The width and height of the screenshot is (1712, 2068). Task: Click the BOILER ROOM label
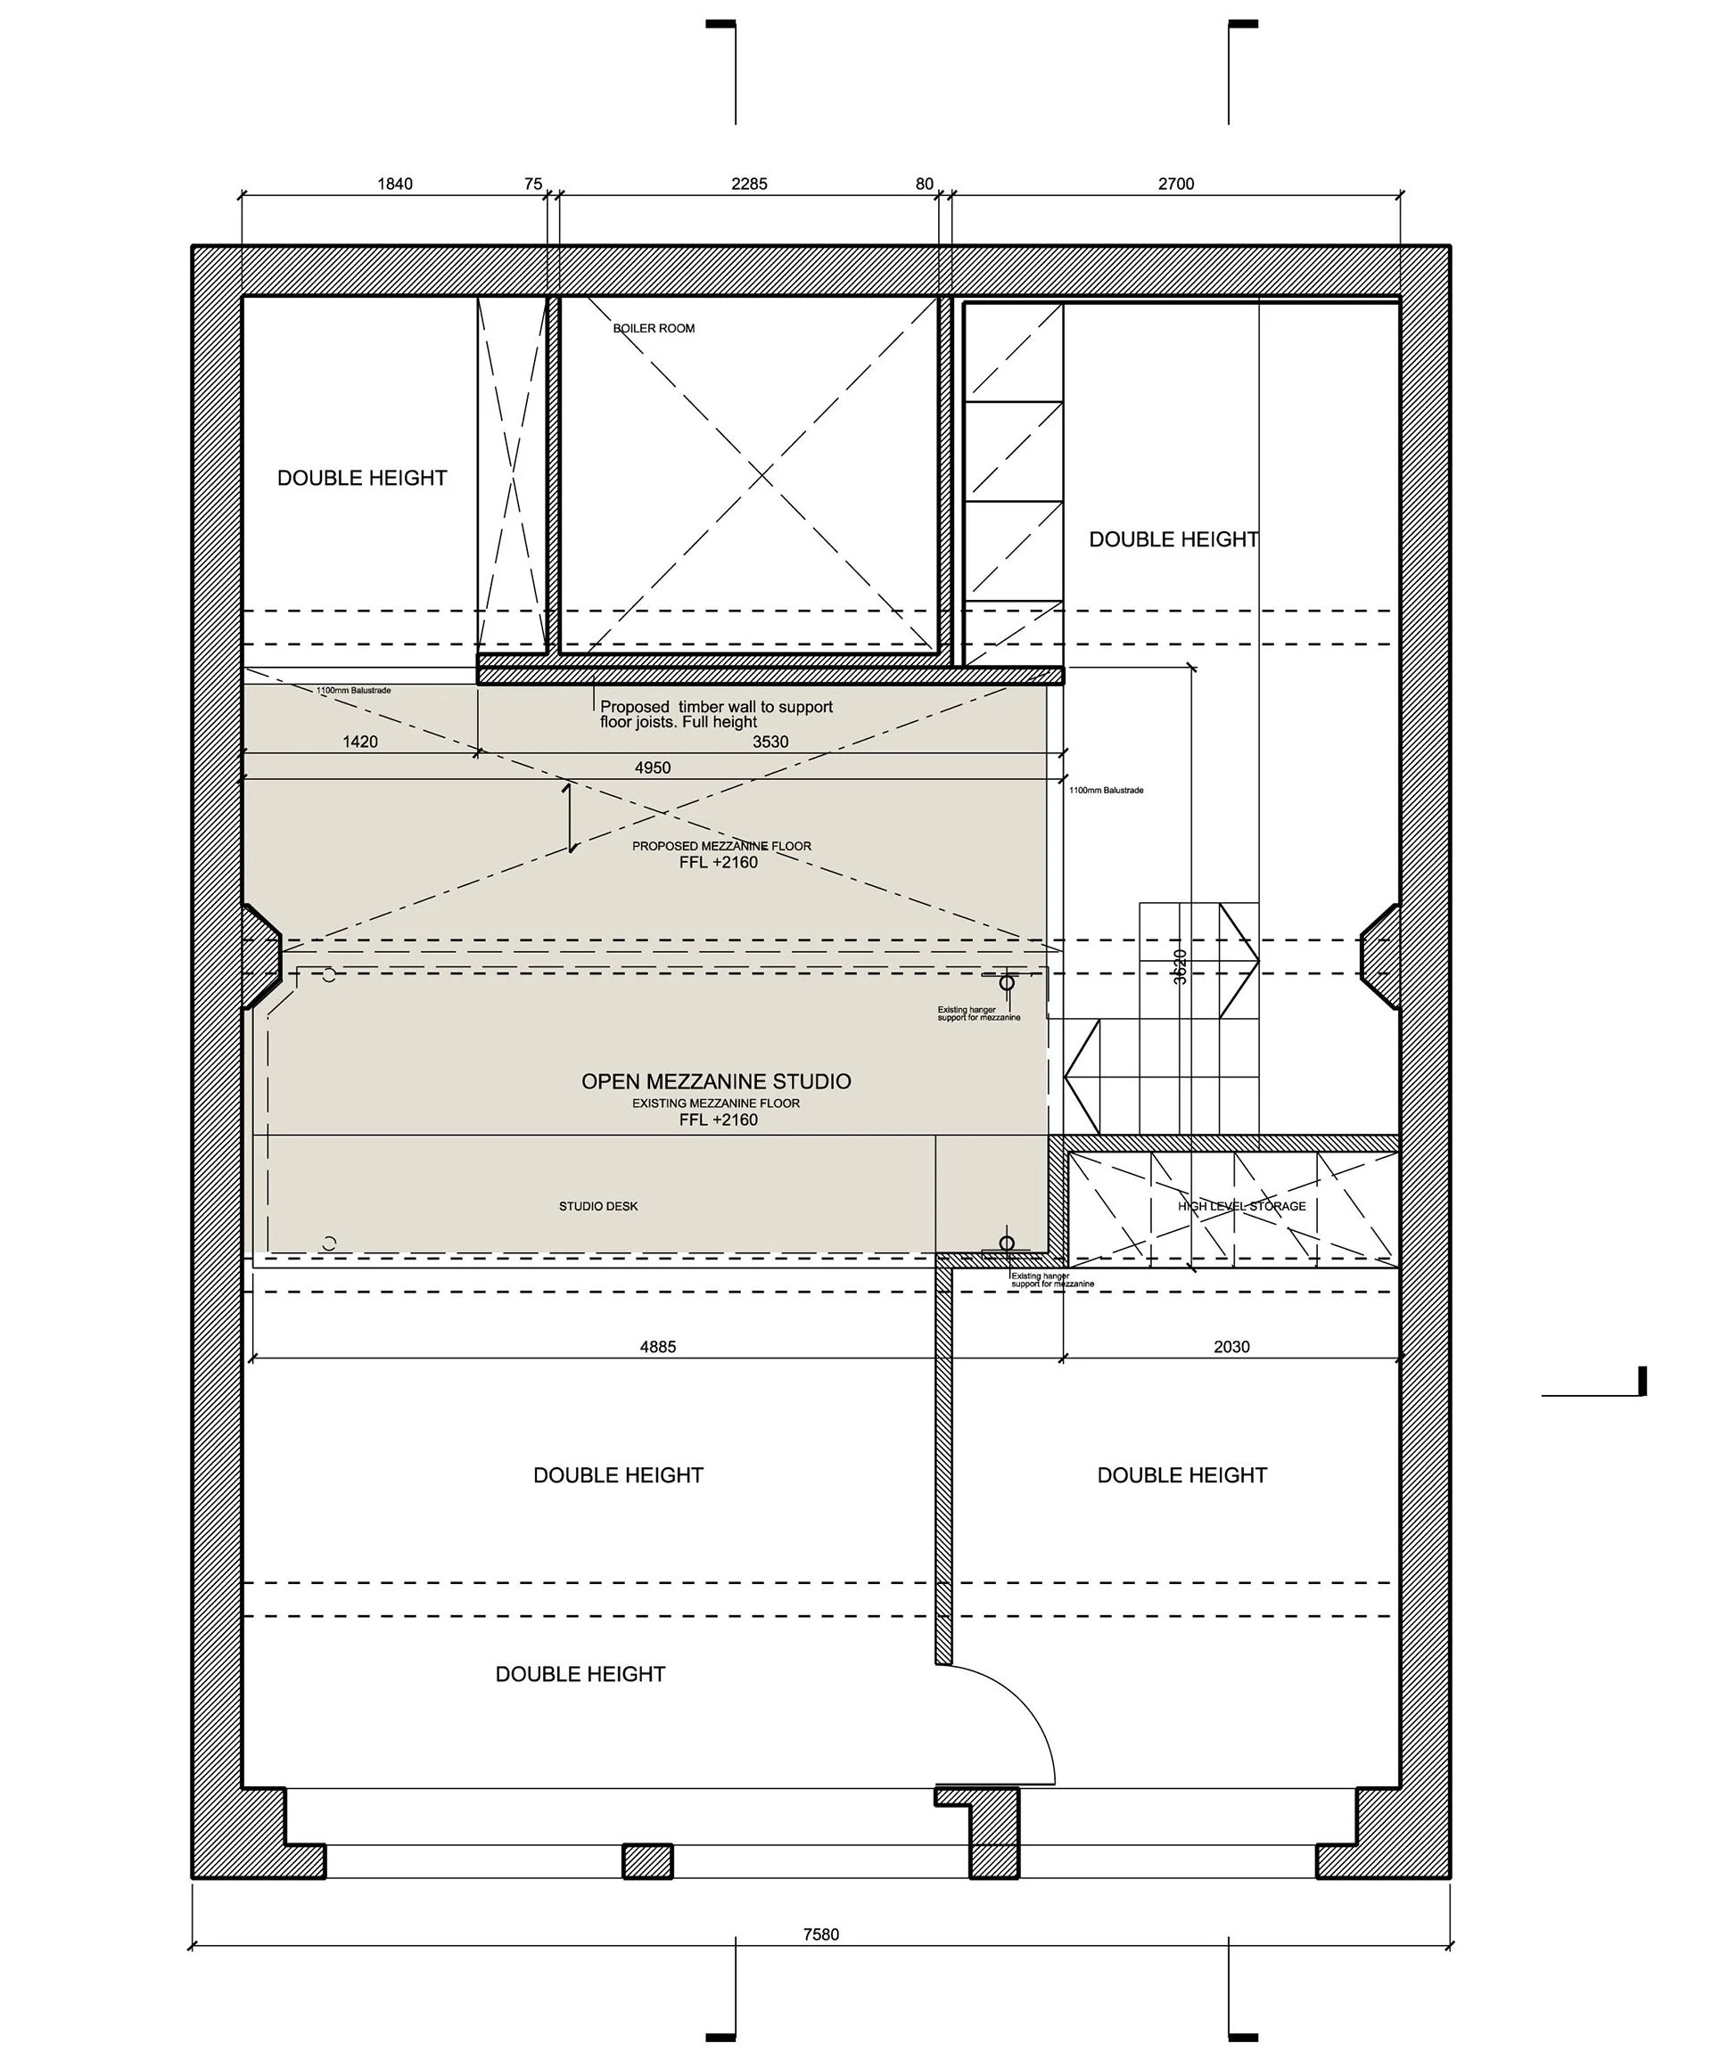point(653,328)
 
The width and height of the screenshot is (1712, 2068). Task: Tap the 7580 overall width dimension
point(819,1934)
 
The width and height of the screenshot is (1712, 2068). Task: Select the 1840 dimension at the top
point(394,185)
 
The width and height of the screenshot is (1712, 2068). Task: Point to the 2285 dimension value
point(749,185)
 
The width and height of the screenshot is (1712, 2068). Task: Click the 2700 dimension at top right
point(1175,185)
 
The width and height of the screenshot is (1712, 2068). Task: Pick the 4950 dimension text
point(652,767)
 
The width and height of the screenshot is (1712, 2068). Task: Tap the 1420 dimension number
point(359,742)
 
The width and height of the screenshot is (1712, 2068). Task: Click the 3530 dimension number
point(770,742)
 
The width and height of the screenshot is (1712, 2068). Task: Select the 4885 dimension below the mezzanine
point(657,1346)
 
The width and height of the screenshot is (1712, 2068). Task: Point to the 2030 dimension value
point(1230,1346)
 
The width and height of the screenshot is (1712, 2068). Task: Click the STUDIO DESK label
point(598,1205)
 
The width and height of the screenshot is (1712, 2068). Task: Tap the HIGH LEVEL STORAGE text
point(1241,1205)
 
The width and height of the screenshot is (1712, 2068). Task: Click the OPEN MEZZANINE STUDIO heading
point(715,1081)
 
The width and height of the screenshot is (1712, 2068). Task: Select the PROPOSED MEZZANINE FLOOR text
point(721,846)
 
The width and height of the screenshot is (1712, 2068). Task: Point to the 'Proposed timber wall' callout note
point(716,714)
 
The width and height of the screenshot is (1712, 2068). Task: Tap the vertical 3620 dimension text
point(1180,966)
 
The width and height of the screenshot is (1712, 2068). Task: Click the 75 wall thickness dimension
point(533,185)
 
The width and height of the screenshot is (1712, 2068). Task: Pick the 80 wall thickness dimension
point(923,185)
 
